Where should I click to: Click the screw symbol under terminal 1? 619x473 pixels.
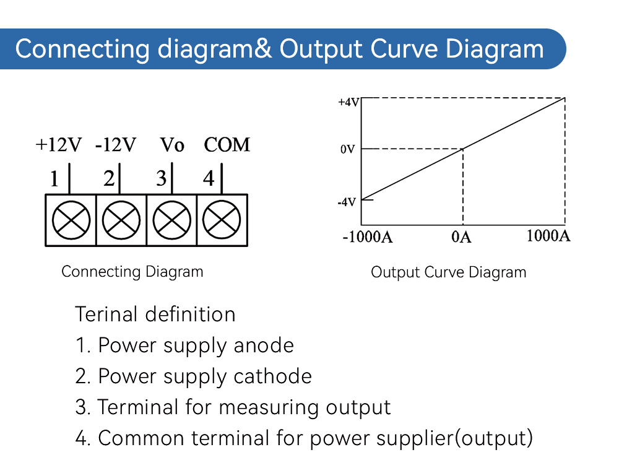click(71, 220)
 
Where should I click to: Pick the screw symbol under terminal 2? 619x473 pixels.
click(121, 220)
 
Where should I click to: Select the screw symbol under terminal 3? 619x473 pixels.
click(171, 220)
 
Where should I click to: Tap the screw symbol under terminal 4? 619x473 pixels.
click(222, 220)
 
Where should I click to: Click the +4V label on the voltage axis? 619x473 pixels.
click(348, 102)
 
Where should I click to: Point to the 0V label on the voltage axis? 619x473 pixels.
click(347, 149)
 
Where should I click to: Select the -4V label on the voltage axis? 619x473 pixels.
click(347, 202)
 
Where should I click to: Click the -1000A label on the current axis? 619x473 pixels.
click(368, 237)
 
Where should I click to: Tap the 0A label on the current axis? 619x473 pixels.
click(462, 237)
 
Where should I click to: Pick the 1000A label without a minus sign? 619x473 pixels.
click(548, 236)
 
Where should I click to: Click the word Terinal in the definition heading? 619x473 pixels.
click(107, 315)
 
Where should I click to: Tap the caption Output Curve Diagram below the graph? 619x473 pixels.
click(448, 272)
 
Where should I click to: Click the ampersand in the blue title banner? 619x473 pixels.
click(262, 49)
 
